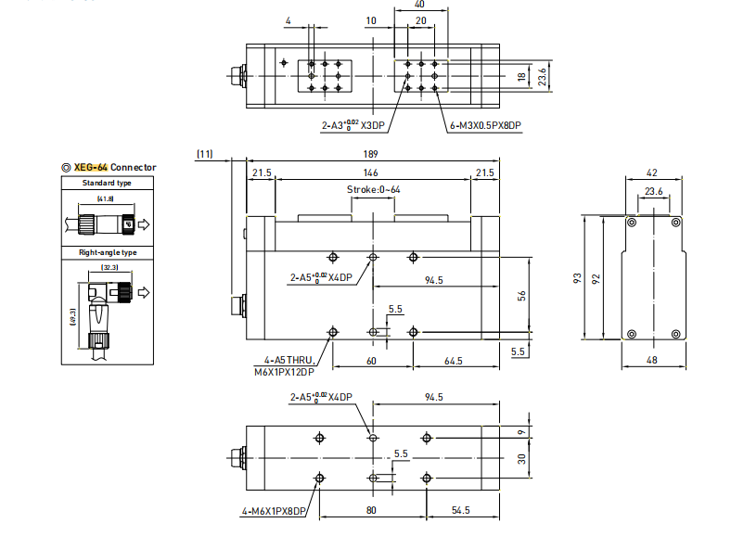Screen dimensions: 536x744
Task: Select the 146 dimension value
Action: click(370, 173)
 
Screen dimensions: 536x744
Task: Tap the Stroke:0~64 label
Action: click(374, 189)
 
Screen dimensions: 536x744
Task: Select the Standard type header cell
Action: click(108, 183)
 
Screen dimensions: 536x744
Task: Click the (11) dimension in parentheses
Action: click(205, 154)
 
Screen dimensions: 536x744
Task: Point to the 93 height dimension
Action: click(578, 278)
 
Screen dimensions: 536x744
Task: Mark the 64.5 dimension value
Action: click(454, 360)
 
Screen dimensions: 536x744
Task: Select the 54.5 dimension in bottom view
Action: click(460, 511)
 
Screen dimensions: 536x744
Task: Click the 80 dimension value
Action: click(372, 511)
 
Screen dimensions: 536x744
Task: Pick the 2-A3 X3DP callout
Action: click(353, 124)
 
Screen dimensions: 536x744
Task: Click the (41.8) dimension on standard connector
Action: click(105, 199)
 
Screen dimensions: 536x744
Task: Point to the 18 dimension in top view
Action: click(521, 75)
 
